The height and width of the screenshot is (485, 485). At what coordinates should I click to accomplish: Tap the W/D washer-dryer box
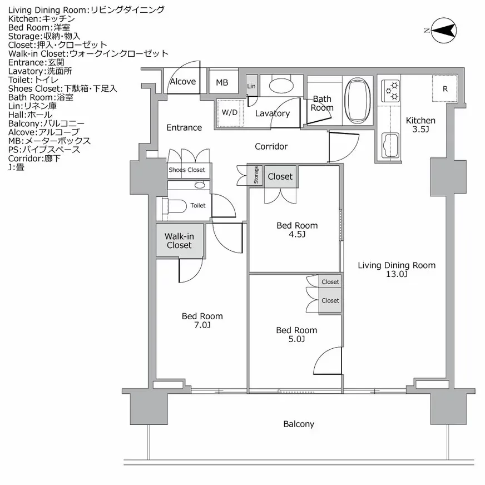229,112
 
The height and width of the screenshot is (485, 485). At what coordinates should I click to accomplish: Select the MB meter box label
222,83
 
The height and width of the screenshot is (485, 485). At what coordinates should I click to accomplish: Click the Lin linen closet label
251,86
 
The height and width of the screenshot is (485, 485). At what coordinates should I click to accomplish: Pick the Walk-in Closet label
179,240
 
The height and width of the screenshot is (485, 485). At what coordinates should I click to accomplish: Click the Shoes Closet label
186,170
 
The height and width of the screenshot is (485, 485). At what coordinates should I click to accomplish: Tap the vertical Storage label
256,175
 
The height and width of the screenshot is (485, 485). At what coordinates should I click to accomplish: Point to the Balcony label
299,424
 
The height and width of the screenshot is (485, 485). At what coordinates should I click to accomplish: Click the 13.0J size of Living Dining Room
396,274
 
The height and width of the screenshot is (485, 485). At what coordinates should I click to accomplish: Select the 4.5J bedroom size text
297,234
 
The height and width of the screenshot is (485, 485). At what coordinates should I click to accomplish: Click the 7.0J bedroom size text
202,325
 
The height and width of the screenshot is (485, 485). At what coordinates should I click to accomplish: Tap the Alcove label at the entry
182,82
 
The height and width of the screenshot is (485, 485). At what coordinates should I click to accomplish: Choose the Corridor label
271,146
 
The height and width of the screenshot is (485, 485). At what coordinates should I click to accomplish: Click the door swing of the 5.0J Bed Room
328,362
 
